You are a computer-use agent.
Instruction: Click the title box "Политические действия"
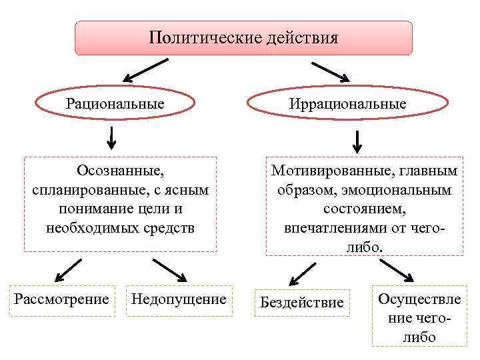pyautogui.click(x=243, y=37)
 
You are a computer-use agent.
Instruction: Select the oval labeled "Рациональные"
pyautogui.click(x=115, y=104)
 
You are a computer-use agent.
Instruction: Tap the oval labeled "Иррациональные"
pyautogui.click(x=347, y=105)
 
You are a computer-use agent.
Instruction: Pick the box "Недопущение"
pyautogui.click(x=179, y=299)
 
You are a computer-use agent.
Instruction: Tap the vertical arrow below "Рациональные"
pyautogui.click(x=111, y=137)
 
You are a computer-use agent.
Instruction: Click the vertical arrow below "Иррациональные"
pyautogui.click(x=357, y=141)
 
